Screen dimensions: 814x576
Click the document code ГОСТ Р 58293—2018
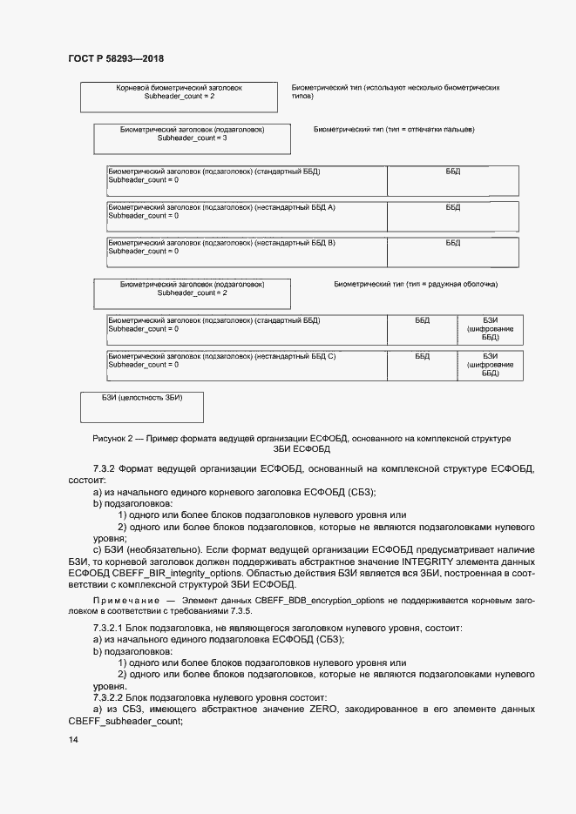[115, 58]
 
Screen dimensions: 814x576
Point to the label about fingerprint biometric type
[394, 130]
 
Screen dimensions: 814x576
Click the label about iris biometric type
[416, 285]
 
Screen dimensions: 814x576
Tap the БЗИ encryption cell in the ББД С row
[490, 365]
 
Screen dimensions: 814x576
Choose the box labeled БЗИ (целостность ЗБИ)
[142, 406]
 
